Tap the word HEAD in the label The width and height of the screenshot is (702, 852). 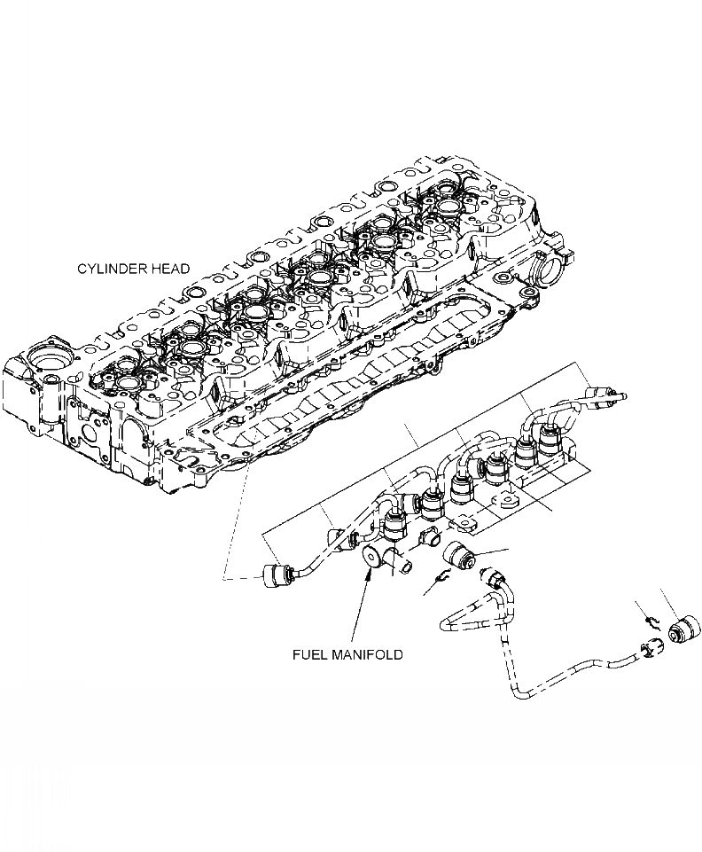168,269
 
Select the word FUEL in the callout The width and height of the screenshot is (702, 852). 311,654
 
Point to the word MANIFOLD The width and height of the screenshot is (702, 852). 368,654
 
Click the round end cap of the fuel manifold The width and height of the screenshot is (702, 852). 370,559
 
